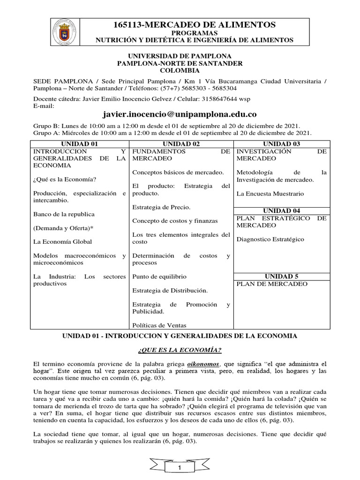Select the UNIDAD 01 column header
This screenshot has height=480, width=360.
click(79, 144)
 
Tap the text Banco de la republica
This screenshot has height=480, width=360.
click(64, 214)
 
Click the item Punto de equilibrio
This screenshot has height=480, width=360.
click(159, 277)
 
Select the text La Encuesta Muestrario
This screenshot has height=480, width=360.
click(270, 193)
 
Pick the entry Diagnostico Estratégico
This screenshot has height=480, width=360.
click(270, 239)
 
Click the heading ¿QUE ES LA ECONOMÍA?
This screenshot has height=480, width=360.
click(180, 350)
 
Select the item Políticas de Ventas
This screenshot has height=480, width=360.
click(159, 325)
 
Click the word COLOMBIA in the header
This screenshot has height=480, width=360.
click(180, 70)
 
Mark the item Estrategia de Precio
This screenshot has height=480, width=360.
click(161, 207)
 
